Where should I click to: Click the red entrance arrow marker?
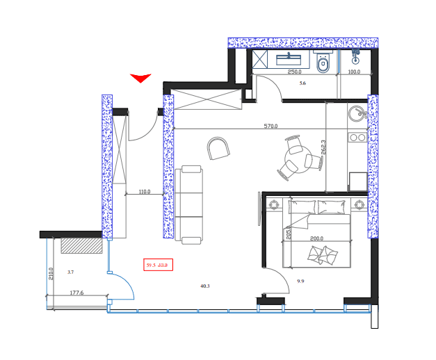coord(140,77)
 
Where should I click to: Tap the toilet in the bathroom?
coord(322,64)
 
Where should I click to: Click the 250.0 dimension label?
coord(295,72)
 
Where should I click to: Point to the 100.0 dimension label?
coord(354,72)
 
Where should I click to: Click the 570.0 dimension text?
coord(271,126)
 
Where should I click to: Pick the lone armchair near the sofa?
coord(219,148)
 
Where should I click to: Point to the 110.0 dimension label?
coord(144,192)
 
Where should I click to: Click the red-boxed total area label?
coord(158,265)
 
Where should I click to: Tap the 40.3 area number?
coord(204,286)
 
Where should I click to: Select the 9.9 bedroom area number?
coord(301,281)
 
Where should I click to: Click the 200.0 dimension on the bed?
coord(316,238)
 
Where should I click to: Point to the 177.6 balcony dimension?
coord(76,293)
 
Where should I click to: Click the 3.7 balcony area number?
coord(70,272)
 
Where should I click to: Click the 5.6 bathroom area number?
coord(302,83)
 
